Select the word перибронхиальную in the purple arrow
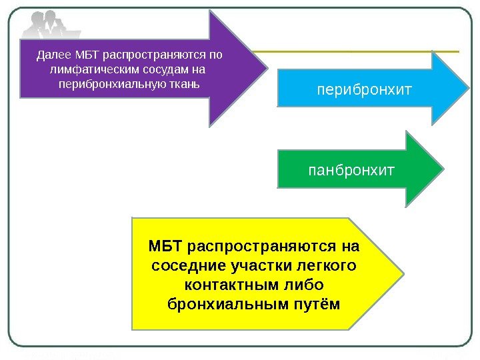(100, 85)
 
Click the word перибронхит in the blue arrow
(365, 88)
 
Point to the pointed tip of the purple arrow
(267, 68)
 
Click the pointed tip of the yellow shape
(404, 273)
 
